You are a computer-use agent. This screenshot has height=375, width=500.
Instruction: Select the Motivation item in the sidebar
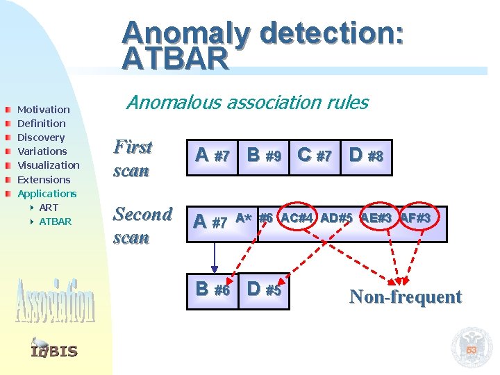click(43, 110)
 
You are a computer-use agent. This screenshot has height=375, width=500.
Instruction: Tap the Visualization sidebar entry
click(48, 165)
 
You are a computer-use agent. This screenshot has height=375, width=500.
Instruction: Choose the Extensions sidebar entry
click(44, 180)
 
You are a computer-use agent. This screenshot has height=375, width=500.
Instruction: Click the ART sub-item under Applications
click(49, 208)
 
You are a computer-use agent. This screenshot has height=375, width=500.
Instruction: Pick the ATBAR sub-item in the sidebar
click(55, 222)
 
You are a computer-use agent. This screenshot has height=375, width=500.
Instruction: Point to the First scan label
click(133, 158)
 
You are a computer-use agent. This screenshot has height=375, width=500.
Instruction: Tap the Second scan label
click(142, 225)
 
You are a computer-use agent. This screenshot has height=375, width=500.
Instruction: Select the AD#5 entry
click(336, 218)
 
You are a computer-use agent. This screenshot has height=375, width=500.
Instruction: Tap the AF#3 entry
click(415, 218)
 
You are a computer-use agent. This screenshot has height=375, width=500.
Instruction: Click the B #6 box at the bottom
click(213, 290)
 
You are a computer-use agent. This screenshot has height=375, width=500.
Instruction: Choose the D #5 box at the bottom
click(264, 290)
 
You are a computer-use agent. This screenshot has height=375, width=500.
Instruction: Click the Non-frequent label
click(406, 297)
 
